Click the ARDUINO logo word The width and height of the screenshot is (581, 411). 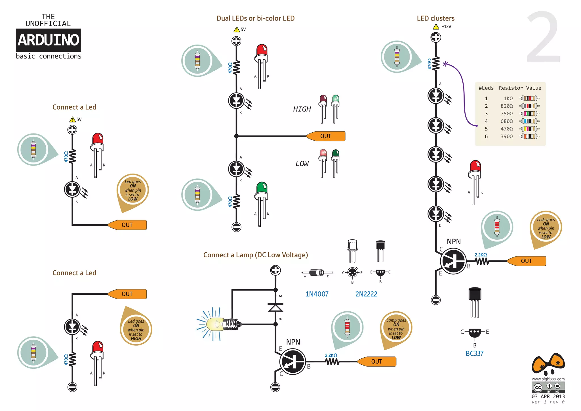48,40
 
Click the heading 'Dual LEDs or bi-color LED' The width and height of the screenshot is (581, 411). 255,18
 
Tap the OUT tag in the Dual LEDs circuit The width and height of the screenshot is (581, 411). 326,136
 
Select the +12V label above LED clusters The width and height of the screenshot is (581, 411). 446,27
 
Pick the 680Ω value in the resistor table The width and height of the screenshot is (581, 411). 506,121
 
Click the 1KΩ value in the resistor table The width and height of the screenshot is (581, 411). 508,99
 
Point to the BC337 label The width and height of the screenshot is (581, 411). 474,354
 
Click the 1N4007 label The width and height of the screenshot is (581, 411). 317,294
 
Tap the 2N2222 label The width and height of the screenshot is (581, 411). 366,294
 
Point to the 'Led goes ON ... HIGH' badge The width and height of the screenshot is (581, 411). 136,329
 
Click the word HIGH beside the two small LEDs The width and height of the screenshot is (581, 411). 302,109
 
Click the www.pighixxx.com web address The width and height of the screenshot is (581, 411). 548,379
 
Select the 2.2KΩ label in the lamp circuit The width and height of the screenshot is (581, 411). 331,355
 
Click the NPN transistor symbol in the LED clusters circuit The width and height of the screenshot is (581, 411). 453,261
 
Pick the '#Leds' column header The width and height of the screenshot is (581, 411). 486,88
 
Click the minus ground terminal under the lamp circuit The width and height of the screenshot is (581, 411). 275,387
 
